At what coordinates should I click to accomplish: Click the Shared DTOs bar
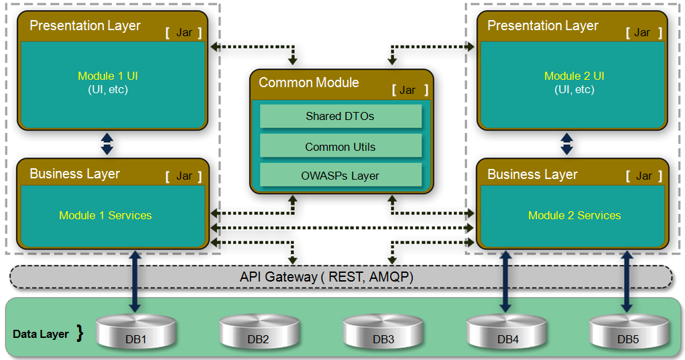point(340,116)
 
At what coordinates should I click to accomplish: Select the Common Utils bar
point(340,147)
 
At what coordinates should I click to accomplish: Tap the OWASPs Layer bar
point(340,176)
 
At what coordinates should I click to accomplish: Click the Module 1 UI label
point(107,76)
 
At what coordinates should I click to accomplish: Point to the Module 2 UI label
point(574,76)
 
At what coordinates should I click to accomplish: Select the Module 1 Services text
point(105,215)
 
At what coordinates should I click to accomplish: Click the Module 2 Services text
point(574,215)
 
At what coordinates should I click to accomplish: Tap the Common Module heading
point(309,82)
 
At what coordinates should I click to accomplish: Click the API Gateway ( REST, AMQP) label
point(326,277)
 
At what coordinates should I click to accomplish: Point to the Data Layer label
point(41,334)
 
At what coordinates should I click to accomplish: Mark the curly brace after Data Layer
point(80,333)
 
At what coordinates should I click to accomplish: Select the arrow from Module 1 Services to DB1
point(135,281)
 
